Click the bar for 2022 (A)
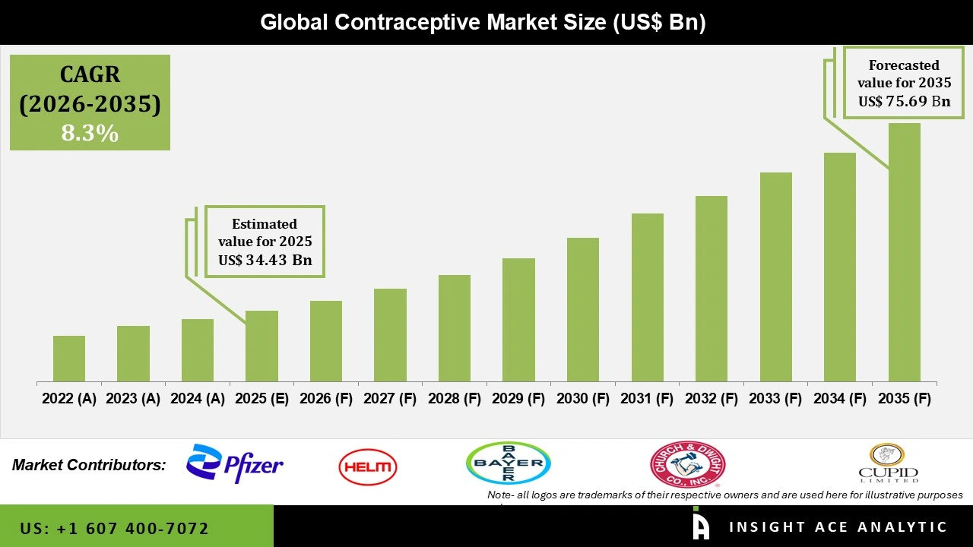(69, 359)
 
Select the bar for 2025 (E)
(261, 346)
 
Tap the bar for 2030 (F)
(583, 309)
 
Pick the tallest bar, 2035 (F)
(905, 252)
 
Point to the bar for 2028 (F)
(455, 328)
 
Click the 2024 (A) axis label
(198, 399)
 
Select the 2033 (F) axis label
(776, 399)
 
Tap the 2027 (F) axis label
(390, 399)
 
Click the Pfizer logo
(235, 464)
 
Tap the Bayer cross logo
(508, 463)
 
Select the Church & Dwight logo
(687, 465)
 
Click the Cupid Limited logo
(888, 463)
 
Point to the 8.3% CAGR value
(90, 134)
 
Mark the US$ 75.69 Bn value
(904, 101)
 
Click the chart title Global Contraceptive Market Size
(483, 23)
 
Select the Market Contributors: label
(89, 465)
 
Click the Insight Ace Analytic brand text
(838, 527)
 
